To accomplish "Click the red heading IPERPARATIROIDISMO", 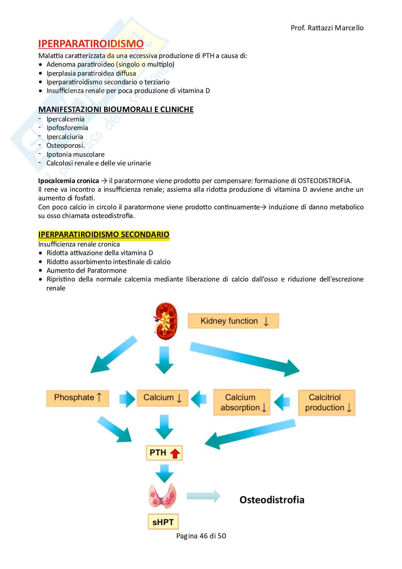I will click(x=91, y=44).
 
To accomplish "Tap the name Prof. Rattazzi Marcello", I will click(x=327, y=28).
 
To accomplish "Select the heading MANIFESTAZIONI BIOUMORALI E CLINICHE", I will click(x=116, y=109).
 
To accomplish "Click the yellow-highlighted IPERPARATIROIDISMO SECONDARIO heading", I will click(x=104, y=234).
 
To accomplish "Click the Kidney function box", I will click(x=233, y=321).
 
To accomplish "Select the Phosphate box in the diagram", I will click(x=77, y=398).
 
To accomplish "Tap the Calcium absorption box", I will click(x=242, y=402).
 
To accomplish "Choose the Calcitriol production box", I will click(x=326, y=403).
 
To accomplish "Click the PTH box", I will click(x=164, y=453).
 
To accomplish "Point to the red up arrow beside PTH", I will click(x=175, y=453).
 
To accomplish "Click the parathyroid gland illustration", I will click(x=164, y=496).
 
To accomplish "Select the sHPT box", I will click(x=163, y=521).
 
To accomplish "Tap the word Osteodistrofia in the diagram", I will click(x=272, y=499).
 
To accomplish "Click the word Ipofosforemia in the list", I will click(x=67, y=128).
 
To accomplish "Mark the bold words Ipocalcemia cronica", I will click(x=68, y=181).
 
